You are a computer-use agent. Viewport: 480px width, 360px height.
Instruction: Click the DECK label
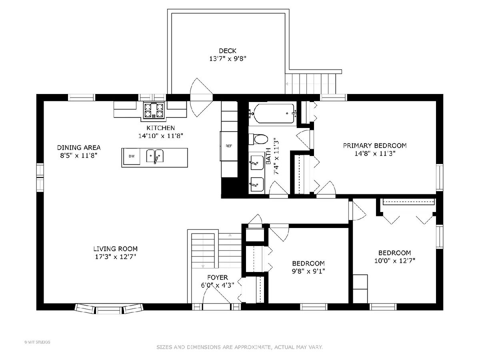(x=228, y=51)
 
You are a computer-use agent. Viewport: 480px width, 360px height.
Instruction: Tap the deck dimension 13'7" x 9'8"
(x=228, y=59)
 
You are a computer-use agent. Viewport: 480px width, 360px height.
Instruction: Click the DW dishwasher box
(x=132, y=156)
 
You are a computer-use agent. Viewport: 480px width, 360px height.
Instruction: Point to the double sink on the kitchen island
(x=155, y=156)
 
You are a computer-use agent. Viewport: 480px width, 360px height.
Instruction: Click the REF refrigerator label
(x=229, y=146)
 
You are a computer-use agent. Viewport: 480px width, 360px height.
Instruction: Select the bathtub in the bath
(x=273, y=114)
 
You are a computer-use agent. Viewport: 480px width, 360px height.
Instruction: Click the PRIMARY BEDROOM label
(x=374, y=146)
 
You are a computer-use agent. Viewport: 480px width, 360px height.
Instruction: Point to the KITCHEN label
(x=160, y=128)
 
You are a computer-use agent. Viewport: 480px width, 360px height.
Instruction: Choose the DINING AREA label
(x=79, y=148)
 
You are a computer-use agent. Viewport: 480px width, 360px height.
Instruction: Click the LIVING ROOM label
(x=116, y=249)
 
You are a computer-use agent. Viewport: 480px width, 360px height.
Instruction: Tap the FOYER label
(x=218, y=278)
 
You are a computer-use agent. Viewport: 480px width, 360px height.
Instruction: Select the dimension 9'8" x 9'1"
(x=308, y=271)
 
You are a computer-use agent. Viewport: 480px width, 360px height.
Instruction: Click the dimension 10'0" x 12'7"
(x=395, y=261)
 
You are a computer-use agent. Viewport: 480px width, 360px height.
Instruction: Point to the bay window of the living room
(x=109, y=308)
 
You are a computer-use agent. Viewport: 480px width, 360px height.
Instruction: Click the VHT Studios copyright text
(x=37, y=342)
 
